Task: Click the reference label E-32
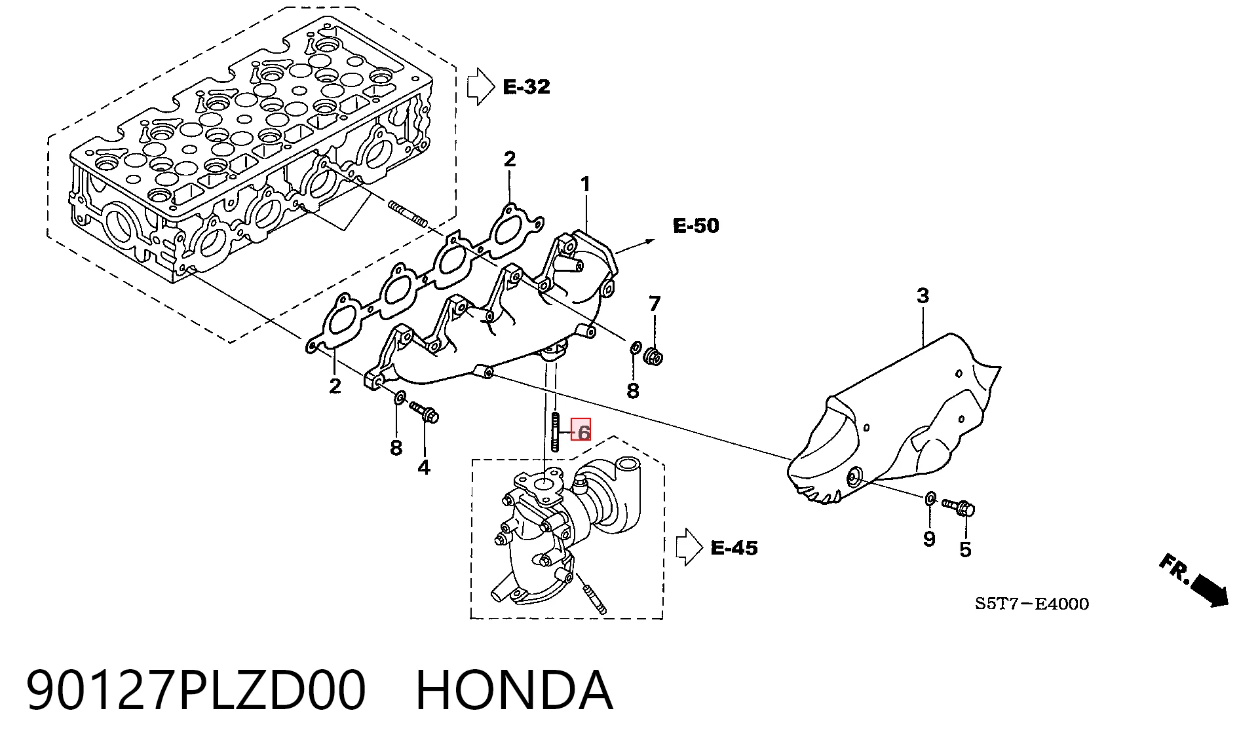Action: [526, 86]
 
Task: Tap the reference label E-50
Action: [696, 226]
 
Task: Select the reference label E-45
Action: [734, 547]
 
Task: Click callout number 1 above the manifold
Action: [585, 185]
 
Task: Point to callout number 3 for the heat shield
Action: [923, 296]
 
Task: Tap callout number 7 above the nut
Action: [655, 304]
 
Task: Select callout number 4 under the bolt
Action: [424, 468]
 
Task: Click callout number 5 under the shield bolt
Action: [965, 549]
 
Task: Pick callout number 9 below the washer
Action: [929, 539]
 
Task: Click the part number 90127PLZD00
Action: [195, 690]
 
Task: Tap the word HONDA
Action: [514, 690]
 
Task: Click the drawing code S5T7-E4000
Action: [1032, 604]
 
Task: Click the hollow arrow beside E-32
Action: [480, 86]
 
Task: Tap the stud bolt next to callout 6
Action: [556, 432]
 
